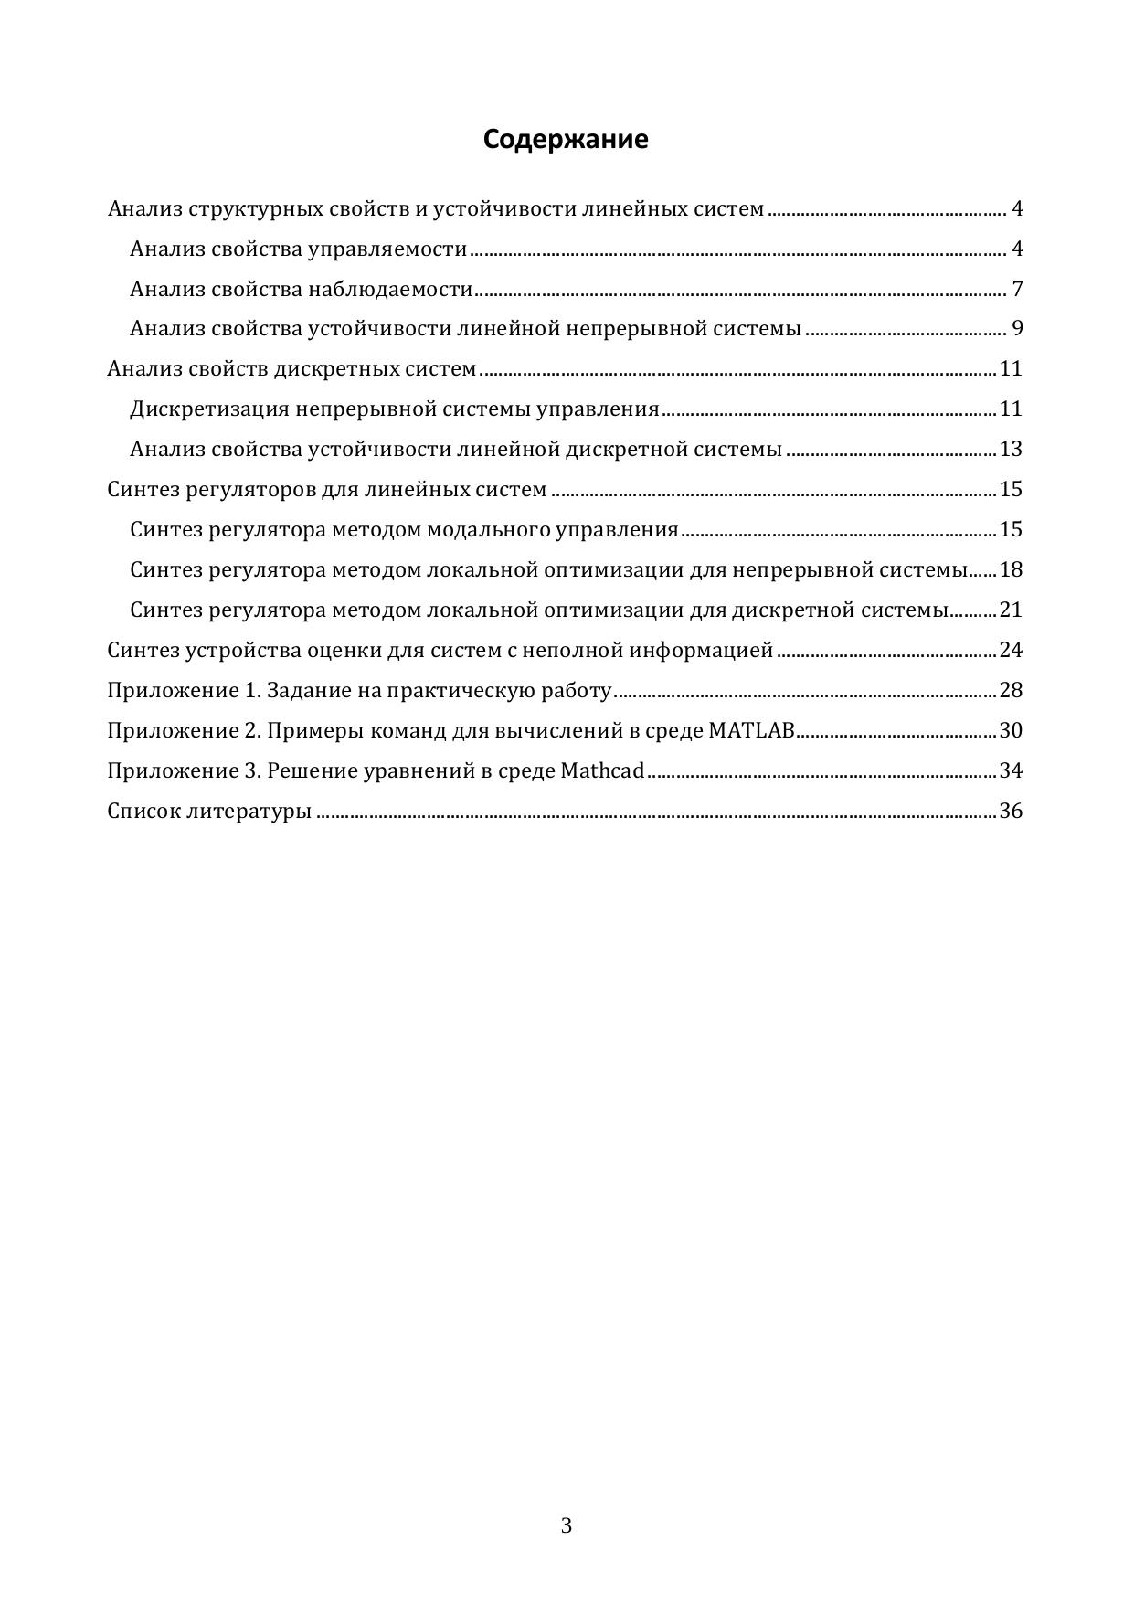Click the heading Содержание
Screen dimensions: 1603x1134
[x=566, y=139]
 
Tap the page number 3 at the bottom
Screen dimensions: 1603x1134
[x=567, y=1525]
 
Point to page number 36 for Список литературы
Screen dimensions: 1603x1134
[x=1011, y=811]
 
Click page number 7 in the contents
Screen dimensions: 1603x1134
[x=1017, y=290]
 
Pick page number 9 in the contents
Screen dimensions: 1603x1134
[x=1017, y=329]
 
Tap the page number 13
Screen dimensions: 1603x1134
[x=1011, y=449]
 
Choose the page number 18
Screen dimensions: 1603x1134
[x=1011, y=569]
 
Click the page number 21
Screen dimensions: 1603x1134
[x=1011, y=610]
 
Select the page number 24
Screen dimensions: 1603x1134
[x=1011, y=650]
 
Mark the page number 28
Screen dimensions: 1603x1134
[x=1011, y=690]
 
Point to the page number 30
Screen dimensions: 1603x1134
[x=1011, y=730]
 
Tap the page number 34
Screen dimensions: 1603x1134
[x=1011, y=770]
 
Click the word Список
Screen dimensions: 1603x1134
[x=143, y=811]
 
